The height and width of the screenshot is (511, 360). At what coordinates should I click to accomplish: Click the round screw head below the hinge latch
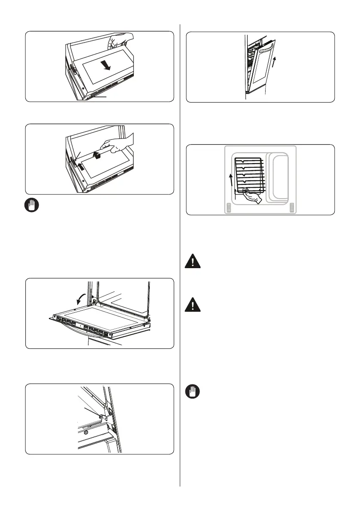(86, 432)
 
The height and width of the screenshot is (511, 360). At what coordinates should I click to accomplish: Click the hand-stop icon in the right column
(193, 393)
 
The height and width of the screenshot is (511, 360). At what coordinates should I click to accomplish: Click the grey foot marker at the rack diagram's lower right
(292, 208)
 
